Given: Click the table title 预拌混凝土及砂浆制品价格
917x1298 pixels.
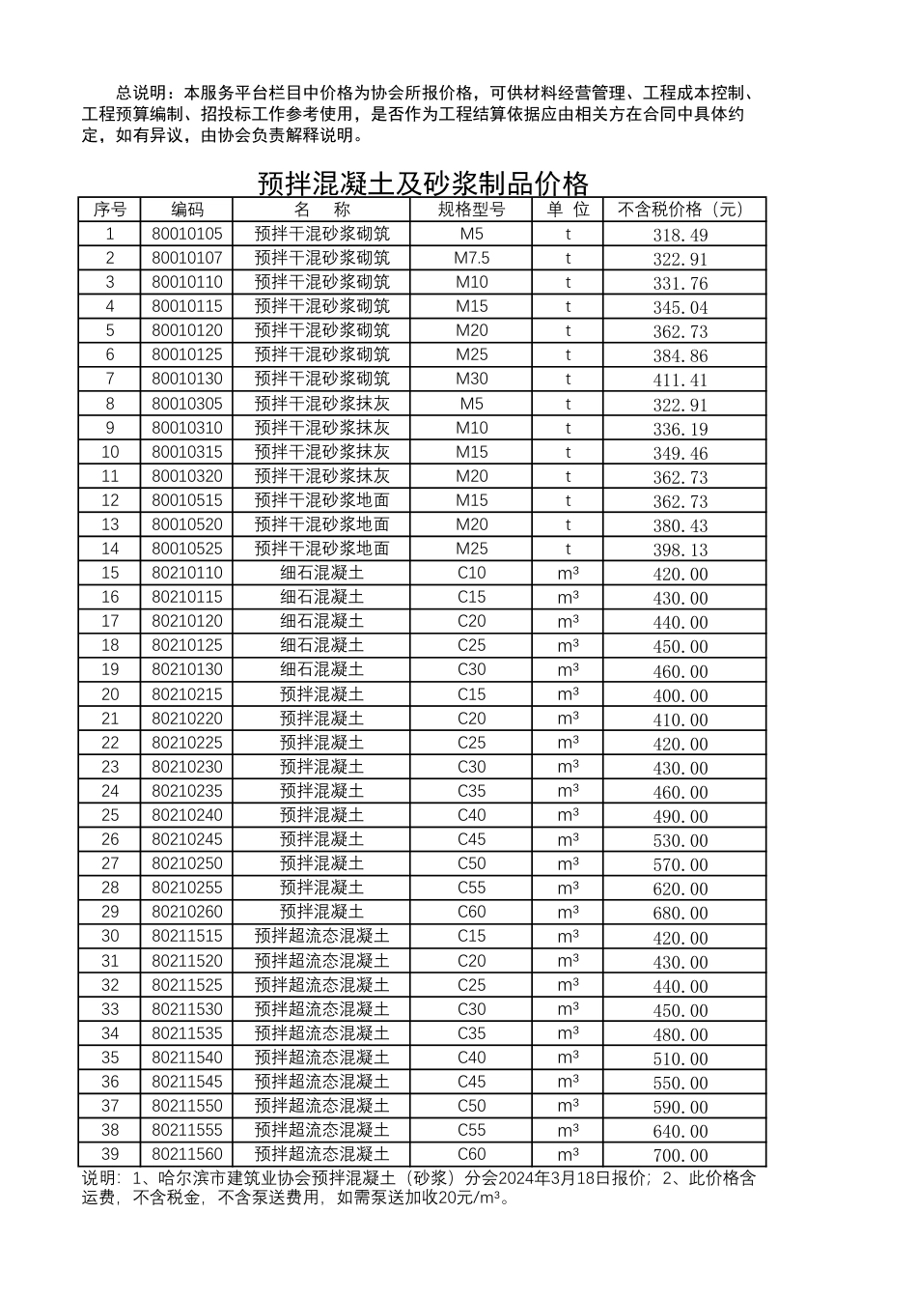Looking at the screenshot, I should click(423, 183).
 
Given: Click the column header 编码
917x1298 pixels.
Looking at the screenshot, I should click(187, 210).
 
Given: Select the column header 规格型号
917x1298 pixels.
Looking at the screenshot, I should click(472, 210).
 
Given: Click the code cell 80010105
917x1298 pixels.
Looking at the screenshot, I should click(187, 234).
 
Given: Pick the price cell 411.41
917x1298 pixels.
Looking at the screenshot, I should click(681, 381).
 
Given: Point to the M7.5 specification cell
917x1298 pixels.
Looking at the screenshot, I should click(472, 258).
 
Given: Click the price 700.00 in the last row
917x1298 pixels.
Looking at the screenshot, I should click(681, 1155).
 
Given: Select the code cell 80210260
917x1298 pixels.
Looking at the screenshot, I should click(187, 912).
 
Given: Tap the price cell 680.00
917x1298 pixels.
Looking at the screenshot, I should click(681, 913).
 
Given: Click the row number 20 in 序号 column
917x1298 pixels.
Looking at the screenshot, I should click(110, 694).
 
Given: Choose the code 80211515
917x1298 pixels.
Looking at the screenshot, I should click(187, 936).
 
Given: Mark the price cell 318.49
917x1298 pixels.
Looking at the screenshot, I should click(681, 235).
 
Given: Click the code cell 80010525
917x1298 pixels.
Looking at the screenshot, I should click(187, 549).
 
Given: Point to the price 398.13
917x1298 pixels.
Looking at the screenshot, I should click(681, 550).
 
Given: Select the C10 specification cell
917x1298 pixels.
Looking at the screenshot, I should click(472, 573).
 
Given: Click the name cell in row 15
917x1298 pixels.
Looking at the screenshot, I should click(322, 573).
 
